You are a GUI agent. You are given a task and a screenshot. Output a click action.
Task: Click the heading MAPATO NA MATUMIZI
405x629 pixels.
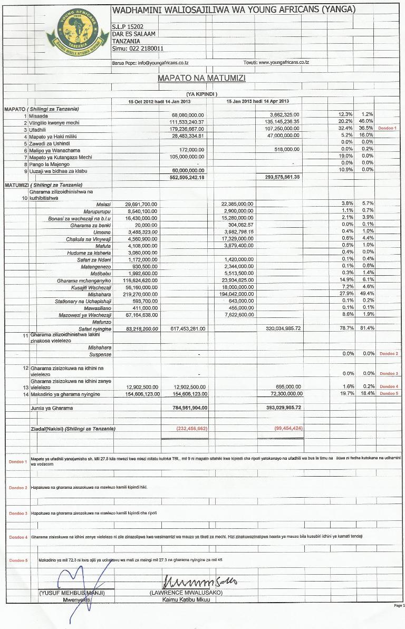tap(201, 78)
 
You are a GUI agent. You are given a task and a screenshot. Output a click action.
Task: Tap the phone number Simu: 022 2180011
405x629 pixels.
tap(138, 48)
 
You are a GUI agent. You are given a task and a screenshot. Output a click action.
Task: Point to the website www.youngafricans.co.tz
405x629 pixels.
tap(284, 62)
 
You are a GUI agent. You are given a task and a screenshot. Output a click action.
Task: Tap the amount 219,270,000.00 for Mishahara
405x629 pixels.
tap(136, 294)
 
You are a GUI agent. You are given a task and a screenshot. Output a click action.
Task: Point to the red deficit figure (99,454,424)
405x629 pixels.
tap(288, 428)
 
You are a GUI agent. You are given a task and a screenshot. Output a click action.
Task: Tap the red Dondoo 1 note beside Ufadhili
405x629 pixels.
tap(389, 129)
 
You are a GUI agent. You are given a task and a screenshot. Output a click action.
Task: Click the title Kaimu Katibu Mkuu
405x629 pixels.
tap(186, 599)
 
